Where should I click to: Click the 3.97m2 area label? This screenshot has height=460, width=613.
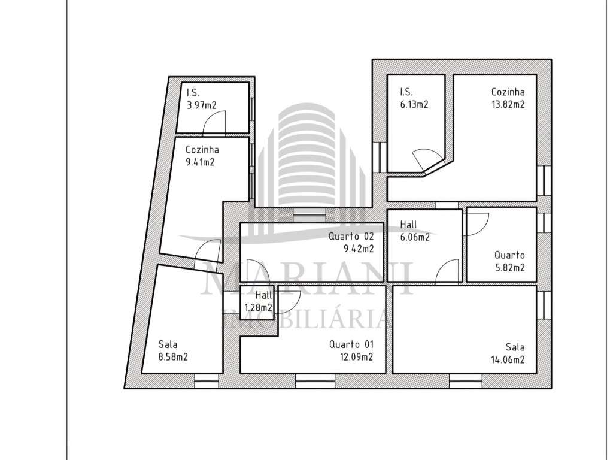click(x=201, y=105)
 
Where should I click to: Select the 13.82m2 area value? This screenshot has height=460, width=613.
click(x=508, y=104)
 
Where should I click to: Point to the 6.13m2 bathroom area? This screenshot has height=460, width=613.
click(x=414, y=104)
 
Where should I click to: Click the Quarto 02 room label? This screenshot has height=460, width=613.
click(x=351, y=237)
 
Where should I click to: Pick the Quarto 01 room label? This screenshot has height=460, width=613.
click(x=351, y=345)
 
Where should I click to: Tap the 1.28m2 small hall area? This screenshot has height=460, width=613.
click(x=259, y=308)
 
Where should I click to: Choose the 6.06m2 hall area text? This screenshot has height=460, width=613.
click(x=414, y=237)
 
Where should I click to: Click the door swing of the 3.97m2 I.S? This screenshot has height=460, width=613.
click(x=214, y=124)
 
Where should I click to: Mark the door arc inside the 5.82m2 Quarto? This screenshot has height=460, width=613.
click(x=475, y=224)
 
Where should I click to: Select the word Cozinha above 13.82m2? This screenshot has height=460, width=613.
click(x=508, y=92)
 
